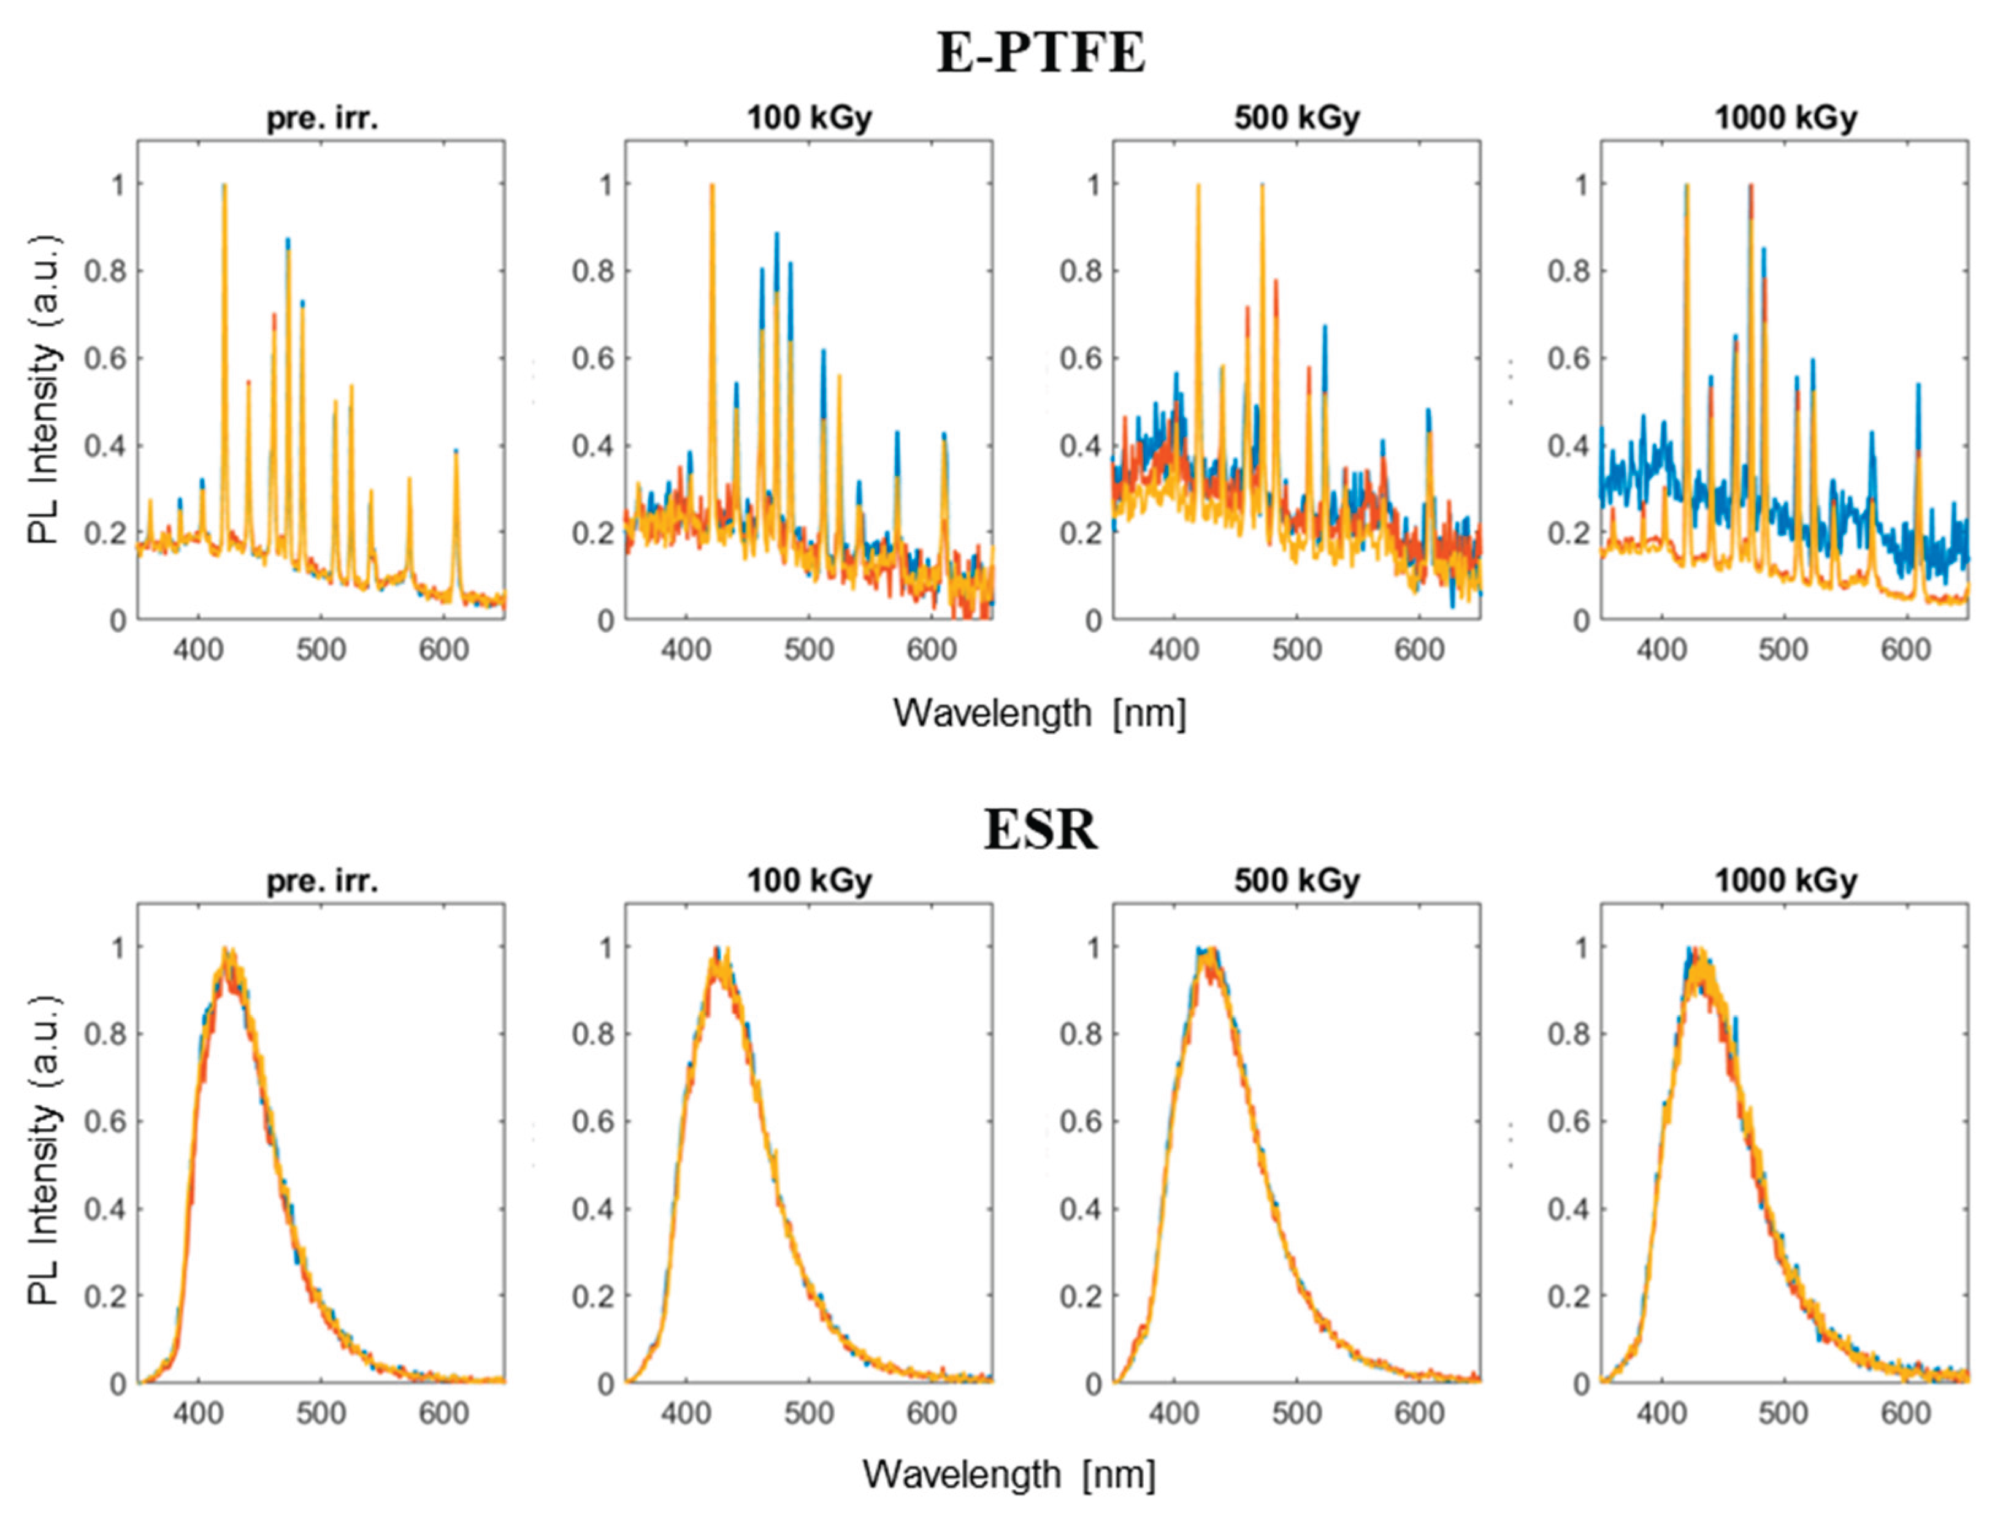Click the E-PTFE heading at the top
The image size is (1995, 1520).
click(1041, 53)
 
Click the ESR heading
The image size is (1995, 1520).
click(1041, 830)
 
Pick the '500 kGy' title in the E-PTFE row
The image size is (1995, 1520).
click(1296, 118)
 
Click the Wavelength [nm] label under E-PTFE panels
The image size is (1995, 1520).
click(1041, 713)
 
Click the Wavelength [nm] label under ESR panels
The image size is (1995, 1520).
click(1009, 1474)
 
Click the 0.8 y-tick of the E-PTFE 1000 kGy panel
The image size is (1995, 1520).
click(1568, 272)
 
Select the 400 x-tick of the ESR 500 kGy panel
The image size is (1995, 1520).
click(1173, 1413)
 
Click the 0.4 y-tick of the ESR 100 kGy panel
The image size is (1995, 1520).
click(592, 1210)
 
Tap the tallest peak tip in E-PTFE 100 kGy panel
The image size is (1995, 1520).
click(712, 185)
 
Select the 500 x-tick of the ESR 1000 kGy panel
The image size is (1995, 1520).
click(1783, 1413)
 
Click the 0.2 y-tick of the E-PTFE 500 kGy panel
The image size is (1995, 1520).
click(1080, 533)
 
